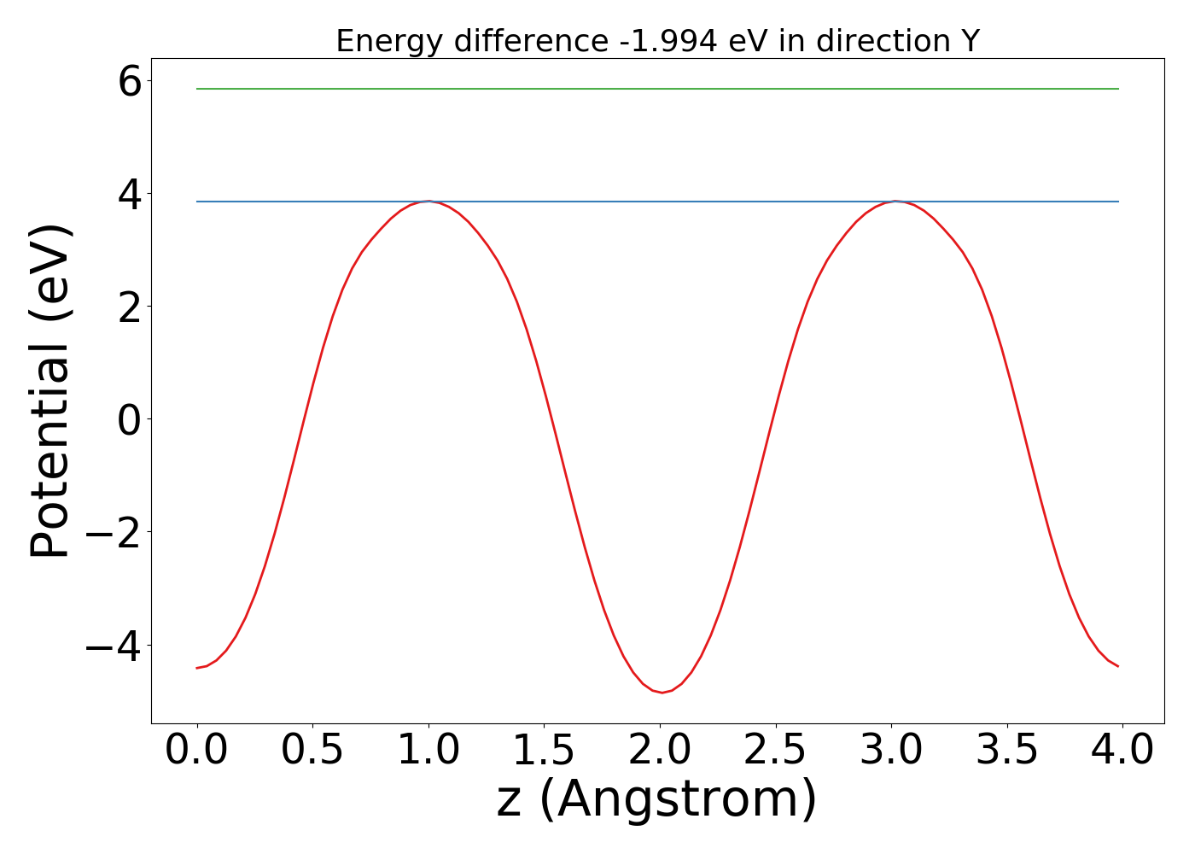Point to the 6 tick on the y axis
click(129, 81)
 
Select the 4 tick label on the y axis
click(129, 194)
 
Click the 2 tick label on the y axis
click(129, 307)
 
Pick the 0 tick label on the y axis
click(129, 419)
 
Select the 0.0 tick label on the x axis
click(196, 751)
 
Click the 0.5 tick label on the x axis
click(312, 751)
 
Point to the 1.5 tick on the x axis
click(544, 751)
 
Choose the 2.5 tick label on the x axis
click(775, 751)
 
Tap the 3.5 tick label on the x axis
click(1007, 751)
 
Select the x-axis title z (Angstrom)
click(657, 800)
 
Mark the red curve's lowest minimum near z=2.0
click(662, 692)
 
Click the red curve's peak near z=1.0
click(428, 202)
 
